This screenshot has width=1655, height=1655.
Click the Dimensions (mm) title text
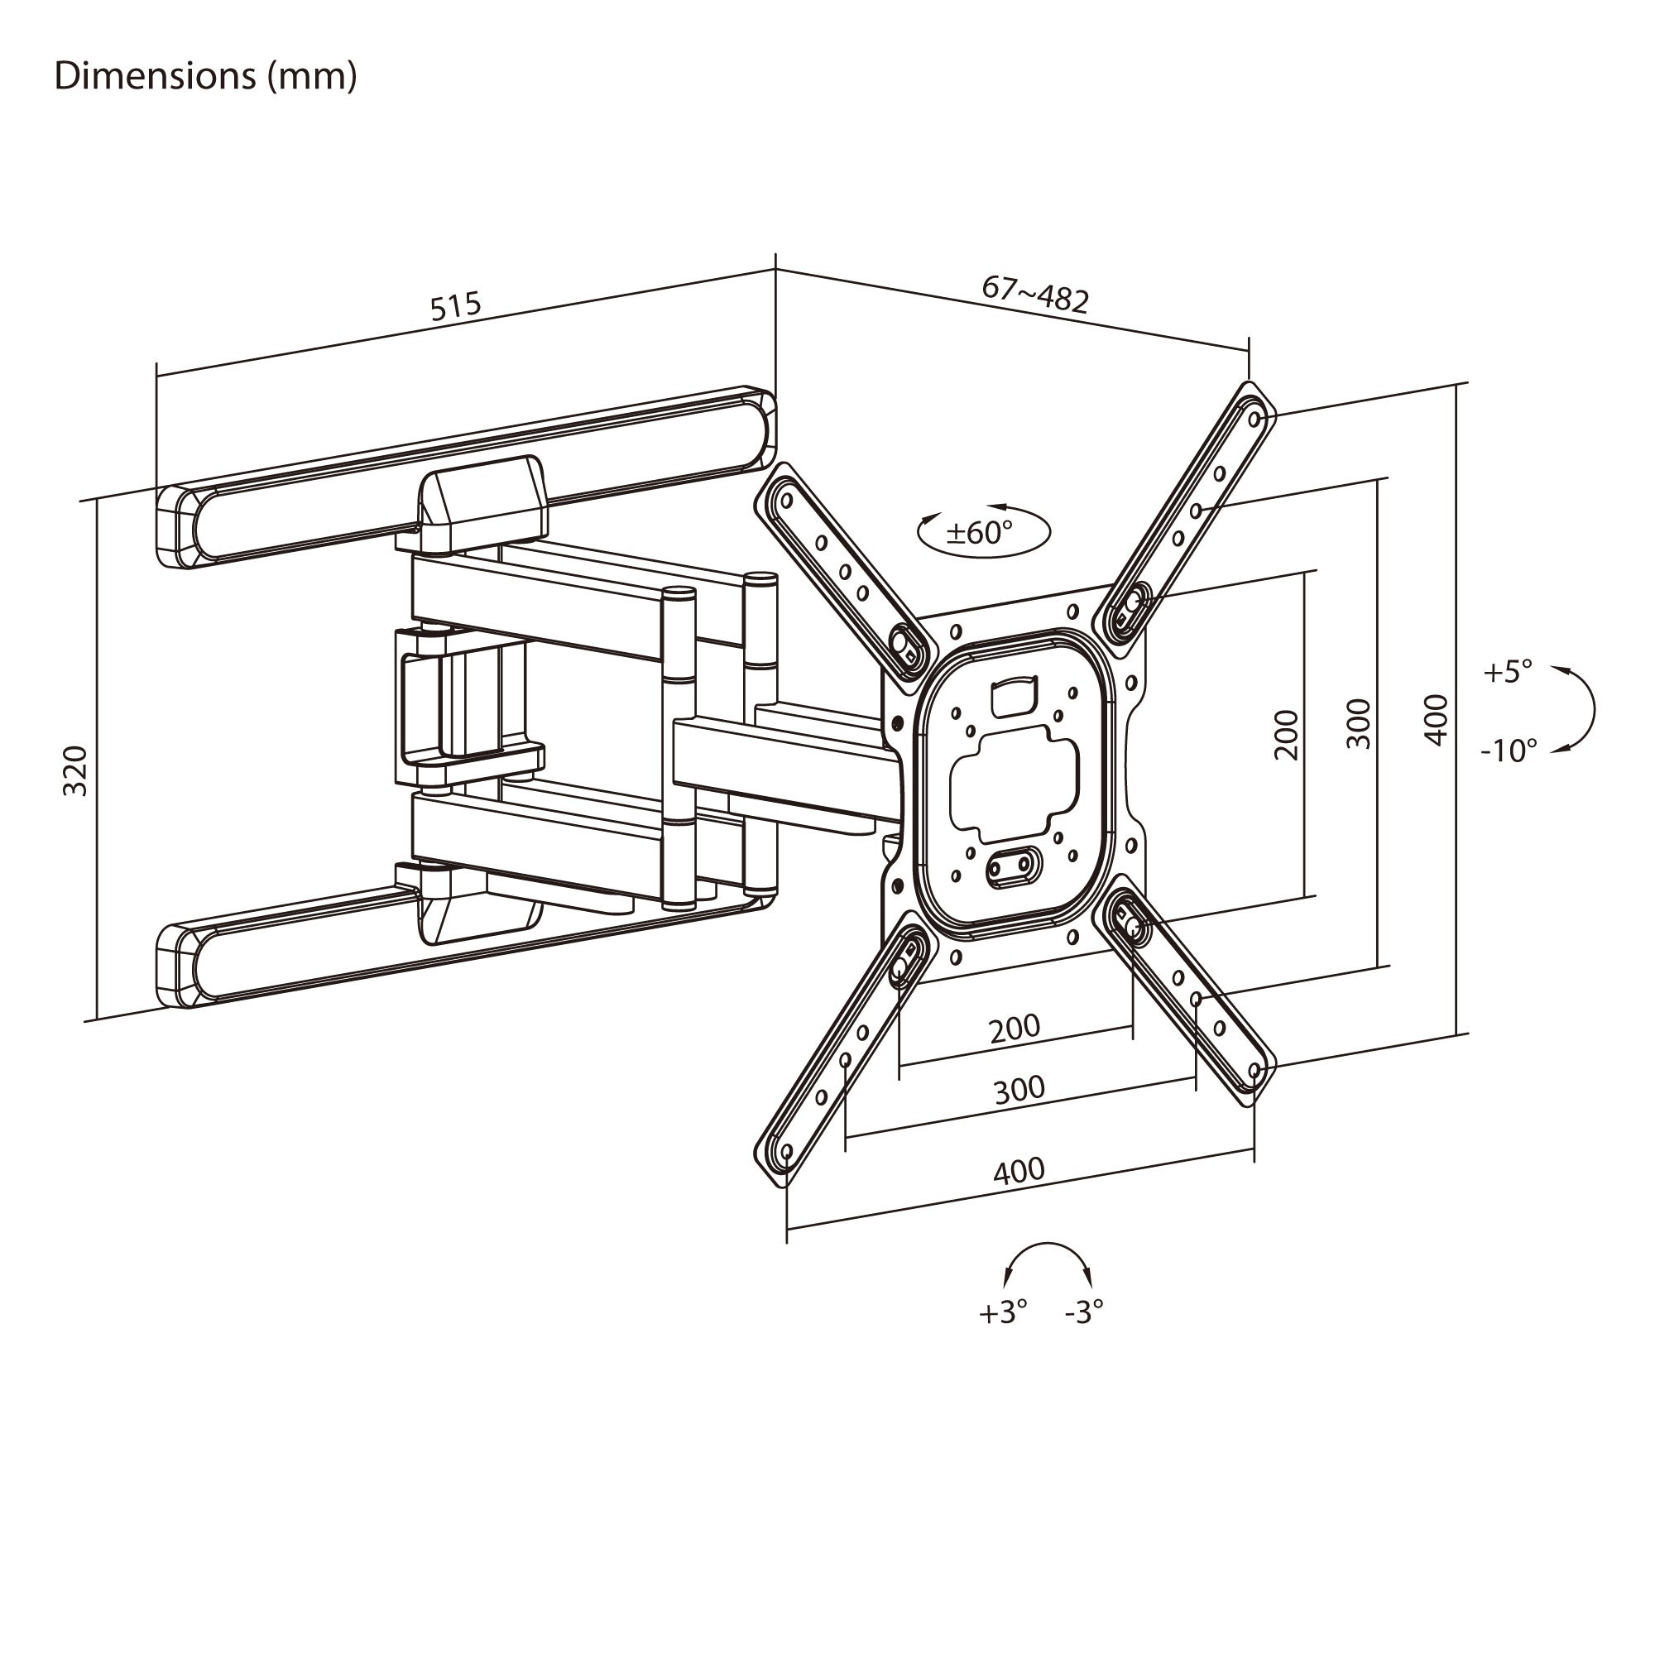pyautogui.click(x=205, y=77)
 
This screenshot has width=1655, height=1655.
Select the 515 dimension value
pyautogui.click(x=456, y=306)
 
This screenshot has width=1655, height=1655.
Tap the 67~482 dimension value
pyautogui.click(x=1035, y=294)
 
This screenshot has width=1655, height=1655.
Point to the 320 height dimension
pyautogui.click(x=75, y=771)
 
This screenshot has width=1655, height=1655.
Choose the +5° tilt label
pyautogui.click(x=1507, y=672)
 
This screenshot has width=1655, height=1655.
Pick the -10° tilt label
pyautogui.click(x=1509, y=751)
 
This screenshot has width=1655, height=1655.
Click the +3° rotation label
pyautogui.click(x=1003, y=1336)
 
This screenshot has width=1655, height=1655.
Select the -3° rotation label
pyautogui.click(x=1084, y=1336)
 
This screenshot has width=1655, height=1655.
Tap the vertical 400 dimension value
pyautogui.click(x=1436, y=720)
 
